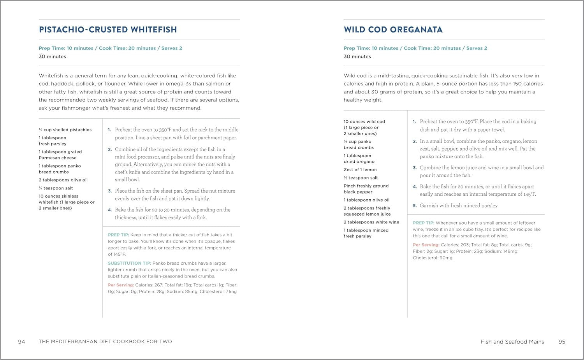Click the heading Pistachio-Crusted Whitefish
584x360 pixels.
tap(108, 30)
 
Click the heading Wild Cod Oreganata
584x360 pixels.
tap(393, 30)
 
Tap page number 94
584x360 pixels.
tap(21, 342)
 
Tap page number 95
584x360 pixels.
tap(561, 342)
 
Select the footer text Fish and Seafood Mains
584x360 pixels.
tap(512, 342)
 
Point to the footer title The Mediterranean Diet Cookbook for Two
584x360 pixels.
tap(105, 342)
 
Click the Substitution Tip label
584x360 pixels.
tap(129, 263)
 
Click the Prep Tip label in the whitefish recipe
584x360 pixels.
tap(118, 235)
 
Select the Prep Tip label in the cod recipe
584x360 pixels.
tap(423, 223)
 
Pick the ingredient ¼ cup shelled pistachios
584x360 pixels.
tap(65, 130)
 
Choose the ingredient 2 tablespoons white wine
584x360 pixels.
tap(371, 222)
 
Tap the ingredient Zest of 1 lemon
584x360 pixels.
tap(360, 170)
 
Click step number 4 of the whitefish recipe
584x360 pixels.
tap(110, 210)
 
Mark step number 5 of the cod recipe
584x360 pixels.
tap(415, 206)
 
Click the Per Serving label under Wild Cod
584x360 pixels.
tap(426, 245)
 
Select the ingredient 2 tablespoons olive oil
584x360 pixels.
tap(63, 180)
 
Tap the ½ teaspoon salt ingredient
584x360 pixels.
tap(361, 178)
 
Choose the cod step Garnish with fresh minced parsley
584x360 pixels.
tap(459, 205)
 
